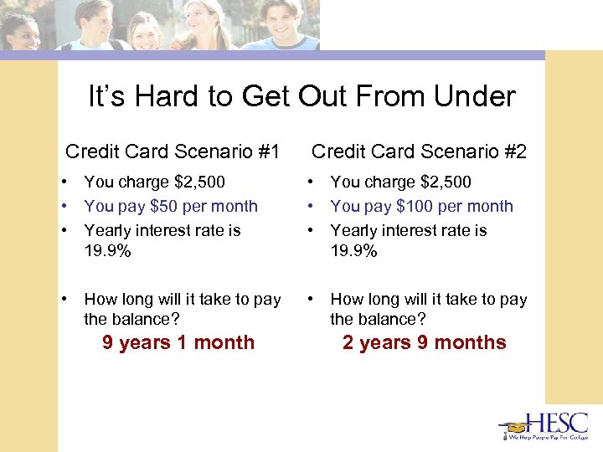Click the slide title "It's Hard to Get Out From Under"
point(301,97)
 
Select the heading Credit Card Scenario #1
point(172,152)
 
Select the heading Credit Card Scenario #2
point(419,152)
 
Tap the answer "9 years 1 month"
point(178,342)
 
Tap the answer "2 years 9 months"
point(425,342)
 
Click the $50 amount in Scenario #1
point(162,206)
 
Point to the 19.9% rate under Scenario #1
point(107,251)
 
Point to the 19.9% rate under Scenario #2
point(353,251)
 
